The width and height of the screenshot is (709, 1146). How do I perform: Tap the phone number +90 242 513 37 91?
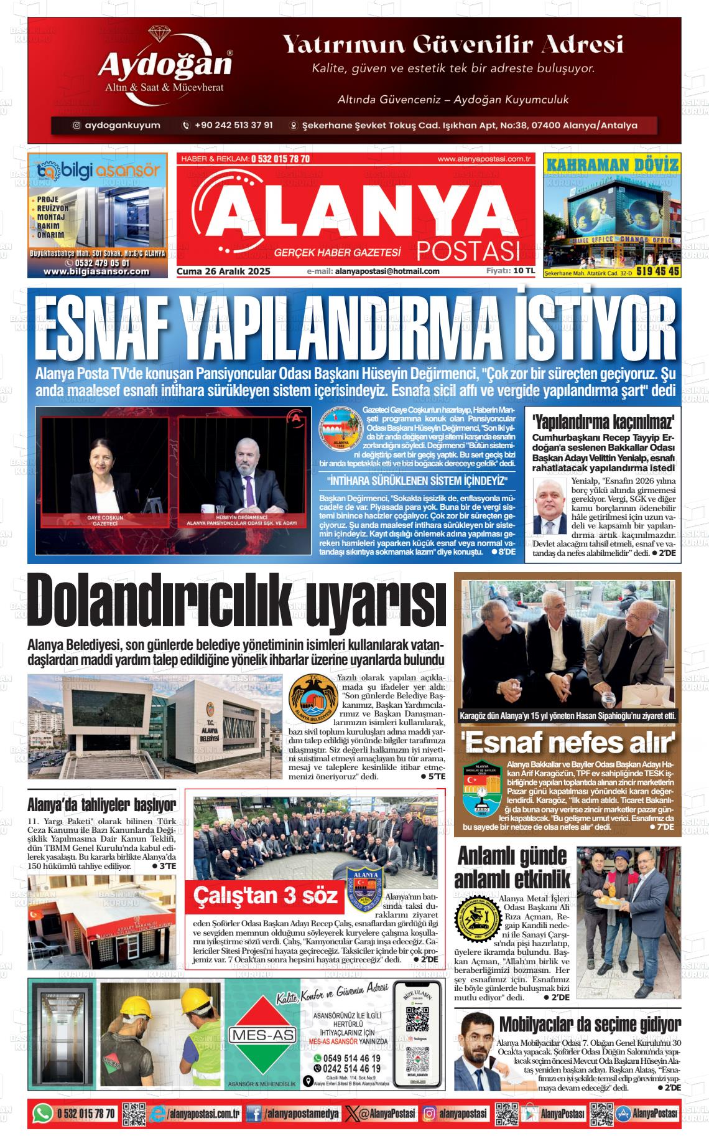point(233,125)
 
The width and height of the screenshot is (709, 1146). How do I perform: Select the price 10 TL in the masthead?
point(524,271)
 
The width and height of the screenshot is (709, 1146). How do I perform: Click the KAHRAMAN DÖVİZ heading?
point(611,164)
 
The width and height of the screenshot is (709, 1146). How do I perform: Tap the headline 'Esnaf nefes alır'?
point(568,743)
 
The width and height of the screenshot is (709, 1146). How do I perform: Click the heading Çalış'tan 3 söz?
point(266,896)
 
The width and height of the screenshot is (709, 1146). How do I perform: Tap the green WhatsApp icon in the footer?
point(42,1114)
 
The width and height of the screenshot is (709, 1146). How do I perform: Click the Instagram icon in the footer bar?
point(429,1114)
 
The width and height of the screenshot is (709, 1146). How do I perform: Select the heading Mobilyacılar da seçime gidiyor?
point(590,1024)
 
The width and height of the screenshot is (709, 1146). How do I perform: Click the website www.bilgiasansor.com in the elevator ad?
point(96,271)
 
